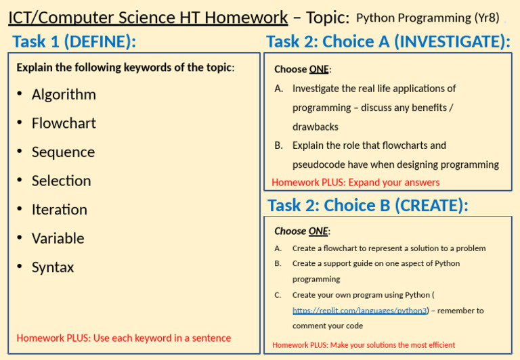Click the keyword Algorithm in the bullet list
64,95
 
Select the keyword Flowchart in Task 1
64,123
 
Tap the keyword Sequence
64,152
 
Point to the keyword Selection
62,181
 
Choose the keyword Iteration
60,210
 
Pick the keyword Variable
58,239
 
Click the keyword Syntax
53,268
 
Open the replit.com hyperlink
360,311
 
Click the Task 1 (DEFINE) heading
74,42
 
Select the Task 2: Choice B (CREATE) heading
368,206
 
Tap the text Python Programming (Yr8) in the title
427,18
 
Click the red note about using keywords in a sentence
124,338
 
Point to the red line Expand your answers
355,183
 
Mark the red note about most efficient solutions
364,345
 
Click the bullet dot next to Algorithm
20,94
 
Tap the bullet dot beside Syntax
20,267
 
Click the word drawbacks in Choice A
316,127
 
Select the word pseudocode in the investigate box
319,164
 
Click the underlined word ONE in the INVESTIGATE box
319,69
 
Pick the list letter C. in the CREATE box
278,295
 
